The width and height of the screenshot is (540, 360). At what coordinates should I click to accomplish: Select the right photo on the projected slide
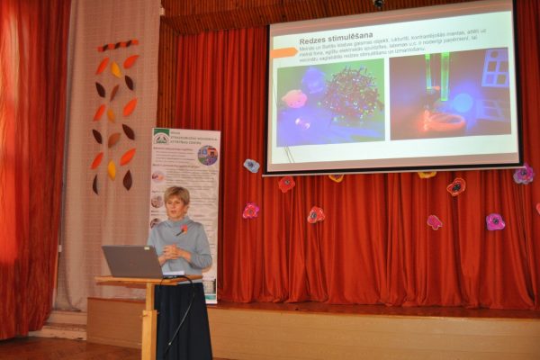click(449, 94)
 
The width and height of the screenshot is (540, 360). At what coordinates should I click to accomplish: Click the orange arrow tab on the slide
click(283, 53)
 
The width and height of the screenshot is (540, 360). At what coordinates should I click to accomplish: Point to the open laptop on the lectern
click(132, 261)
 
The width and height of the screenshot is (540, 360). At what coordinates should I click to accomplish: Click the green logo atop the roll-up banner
click(161, 137)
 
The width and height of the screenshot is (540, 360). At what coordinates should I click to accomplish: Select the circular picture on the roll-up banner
click(208, 155)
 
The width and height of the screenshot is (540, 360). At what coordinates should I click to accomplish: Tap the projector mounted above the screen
click(379, 4)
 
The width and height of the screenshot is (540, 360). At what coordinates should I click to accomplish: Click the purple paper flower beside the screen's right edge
click(522, 175)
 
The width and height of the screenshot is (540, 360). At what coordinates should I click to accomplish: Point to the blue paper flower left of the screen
click(252, 166)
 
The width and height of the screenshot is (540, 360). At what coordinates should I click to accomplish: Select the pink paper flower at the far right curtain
click(495, 221)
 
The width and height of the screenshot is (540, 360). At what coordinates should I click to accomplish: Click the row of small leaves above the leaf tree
click(118, 45)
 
